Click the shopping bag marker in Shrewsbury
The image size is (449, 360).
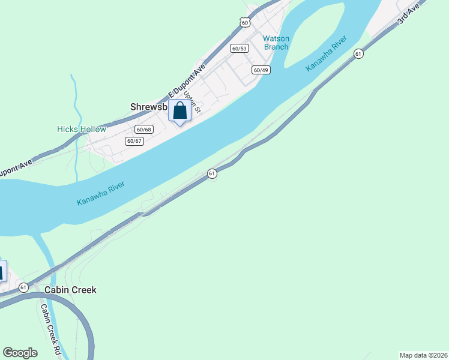point(179,111)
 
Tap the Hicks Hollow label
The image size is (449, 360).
point(81,129)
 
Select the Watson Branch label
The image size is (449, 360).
point(276,43)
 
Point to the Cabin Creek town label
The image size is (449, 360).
point(70,290)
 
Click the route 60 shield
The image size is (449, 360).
point(244,22)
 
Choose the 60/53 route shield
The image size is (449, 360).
point(239,48)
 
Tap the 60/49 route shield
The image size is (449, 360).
point(261,70)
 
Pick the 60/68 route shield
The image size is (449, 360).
point(144,129)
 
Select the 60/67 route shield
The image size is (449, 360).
point(134,141)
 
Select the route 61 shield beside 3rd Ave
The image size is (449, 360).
point(358,53)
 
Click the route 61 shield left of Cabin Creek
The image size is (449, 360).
point(23,287)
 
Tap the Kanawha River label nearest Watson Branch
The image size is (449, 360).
point(327,54)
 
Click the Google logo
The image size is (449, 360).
point(20,353)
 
